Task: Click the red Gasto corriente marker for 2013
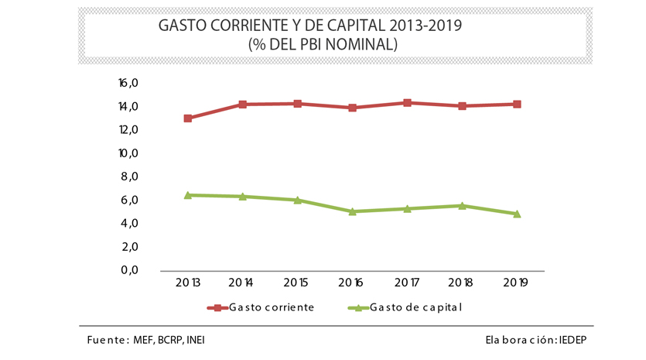click(x=188, y=118)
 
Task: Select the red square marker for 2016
click(x=353, y=108)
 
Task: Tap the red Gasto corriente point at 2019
click(x=517, y=104)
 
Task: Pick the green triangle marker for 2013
click(x=188, y=195)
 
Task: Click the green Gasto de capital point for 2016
click(x=353, y=211)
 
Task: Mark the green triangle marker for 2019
click(x=517, y=214)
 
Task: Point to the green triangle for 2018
click(x=462, y=205)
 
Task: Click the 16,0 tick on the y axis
click(x=128, y=83)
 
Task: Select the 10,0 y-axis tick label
click(x=128, y=153)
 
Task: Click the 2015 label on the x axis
click(x=298, y=283)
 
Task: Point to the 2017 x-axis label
click(x=407, y=283)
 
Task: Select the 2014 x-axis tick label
click(x=243, y=283)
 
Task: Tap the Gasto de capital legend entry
click(x=415, y=307)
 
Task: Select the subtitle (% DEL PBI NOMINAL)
click(x=323, y=45)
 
